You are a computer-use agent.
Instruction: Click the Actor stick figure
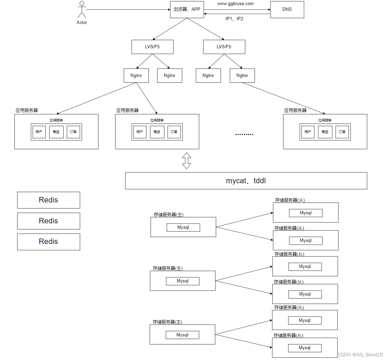82,10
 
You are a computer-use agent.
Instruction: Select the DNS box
287,9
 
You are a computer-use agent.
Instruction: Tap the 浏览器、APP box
187,9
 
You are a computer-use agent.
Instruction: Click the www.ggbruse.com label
235,4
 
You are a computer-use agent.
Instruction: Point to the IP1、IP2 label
234,19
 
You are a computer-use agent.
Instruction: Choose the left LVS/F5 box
153,47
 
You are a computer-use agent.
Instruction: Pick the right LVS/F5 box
224,47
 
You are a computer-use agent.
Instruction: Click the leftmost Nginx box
136,76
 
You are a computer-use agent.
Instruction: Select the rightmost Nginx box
242,76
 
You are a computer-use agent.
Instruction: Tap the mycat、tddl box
246,181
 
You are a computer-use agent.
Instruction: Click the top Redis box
49,200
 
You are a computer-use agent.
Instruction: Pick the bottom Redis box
49,242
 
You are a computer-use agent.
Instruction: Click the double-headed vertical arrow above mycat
187,161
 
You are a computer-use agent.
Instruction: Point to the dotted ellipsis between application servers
244,134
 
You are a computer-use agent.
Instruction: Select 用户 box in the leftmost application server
39,132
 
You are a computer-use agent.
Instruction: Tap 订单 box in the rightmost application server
342,132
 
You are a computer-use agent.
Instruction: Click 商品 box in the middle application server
157,132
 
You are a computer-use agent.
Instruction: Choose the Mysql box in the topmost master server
183,227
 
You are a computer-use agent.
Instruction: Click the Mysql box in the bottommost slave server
305,348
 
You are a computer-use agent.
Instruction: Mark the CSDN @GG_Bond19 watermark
360,355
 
